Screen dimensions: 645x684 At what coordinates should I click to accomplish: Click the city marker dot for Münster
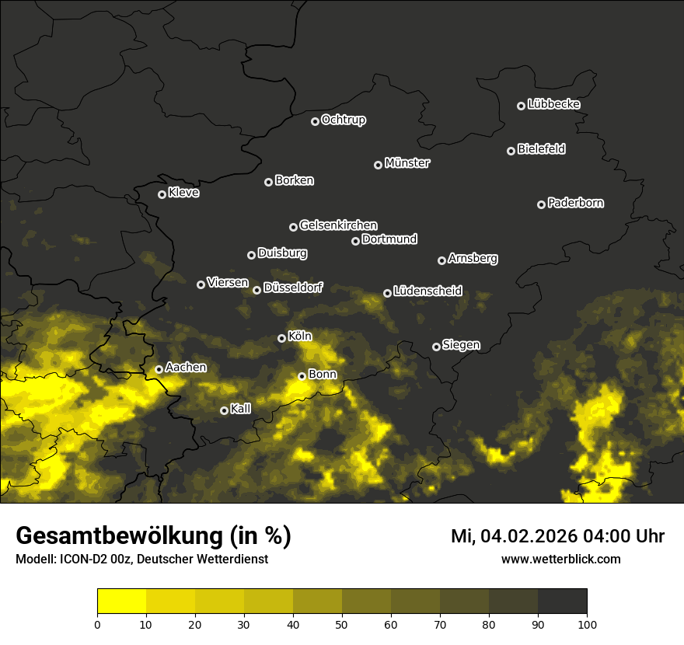coord(379,165)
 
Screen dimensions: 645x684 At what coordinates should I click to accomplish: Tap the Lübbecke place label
coord(553,104)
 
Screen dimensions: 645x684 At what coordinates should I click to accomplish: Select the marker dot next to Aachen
coord(159,369)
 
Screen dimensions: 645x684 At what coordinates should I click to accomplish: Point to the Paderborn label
coord(575,203)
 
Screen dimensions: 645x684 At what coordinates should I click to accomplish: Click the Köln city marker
coord(282,338)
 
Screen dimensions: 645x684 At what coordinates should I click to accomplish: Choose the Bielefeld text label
coord(541,148)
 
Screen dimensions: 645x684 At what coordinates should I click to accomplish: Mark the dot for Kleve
coord(162,194)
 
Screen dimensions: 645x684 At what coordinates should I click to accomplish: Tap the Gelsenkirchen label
coord(338,225)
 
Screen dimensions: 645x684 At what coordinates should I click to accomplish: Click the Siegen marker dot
coord(436,347)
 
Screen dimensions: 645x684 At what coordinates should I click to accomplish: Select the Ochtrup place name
coord(343,120)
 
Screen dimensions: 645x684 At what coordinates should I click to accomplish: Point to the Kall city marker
coord(225,410)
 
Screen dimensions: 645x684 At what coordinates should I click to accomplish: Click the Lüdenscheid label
coord(427,291)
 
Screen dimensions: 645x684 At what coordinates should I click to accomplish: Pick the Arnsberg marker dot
coord(441,260)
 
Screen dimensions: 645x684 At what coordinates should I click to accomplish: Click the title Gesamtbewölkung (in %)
coord(153,535)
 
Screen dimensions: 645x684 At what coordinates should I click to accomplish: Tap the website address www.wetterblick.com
coord(560,559)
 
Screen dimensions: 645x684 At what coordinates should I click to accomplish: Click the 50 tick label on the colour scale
coord(342,623)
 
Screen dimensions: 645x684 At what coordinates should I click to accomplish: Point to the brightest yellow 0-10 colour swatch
coord(121,601)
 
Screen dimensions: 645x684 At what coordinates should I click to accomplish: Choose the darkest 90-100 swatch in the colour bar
coord(562,601)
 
